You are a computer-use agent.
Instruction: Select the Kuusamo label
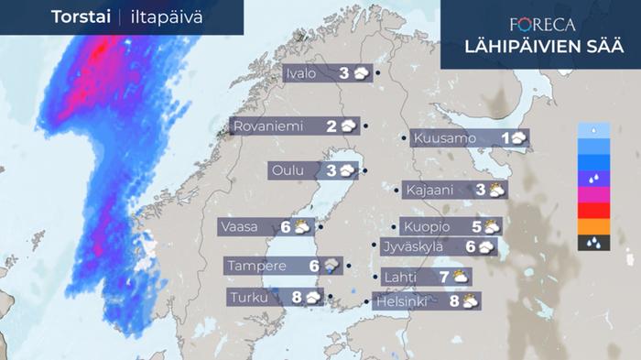[x=444, y=138]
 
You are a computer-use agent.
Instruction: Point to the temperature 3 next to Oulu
[x=331, y=170]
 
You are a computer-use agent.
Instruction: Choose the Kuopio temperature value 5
[x=476, y=226]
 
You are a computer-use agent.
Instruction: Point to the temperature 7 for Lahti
[x=443, y=276]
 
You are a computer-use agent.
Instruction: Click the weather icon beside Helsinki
[x=470, y=300]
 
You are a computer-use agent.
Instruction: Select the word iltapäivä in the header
[x=165, y=17]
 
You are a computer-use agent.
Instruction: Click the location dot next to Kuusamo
[x=404, y=138]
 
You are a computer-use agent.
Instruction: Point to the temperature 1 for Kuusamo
[x=506, y=138]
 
